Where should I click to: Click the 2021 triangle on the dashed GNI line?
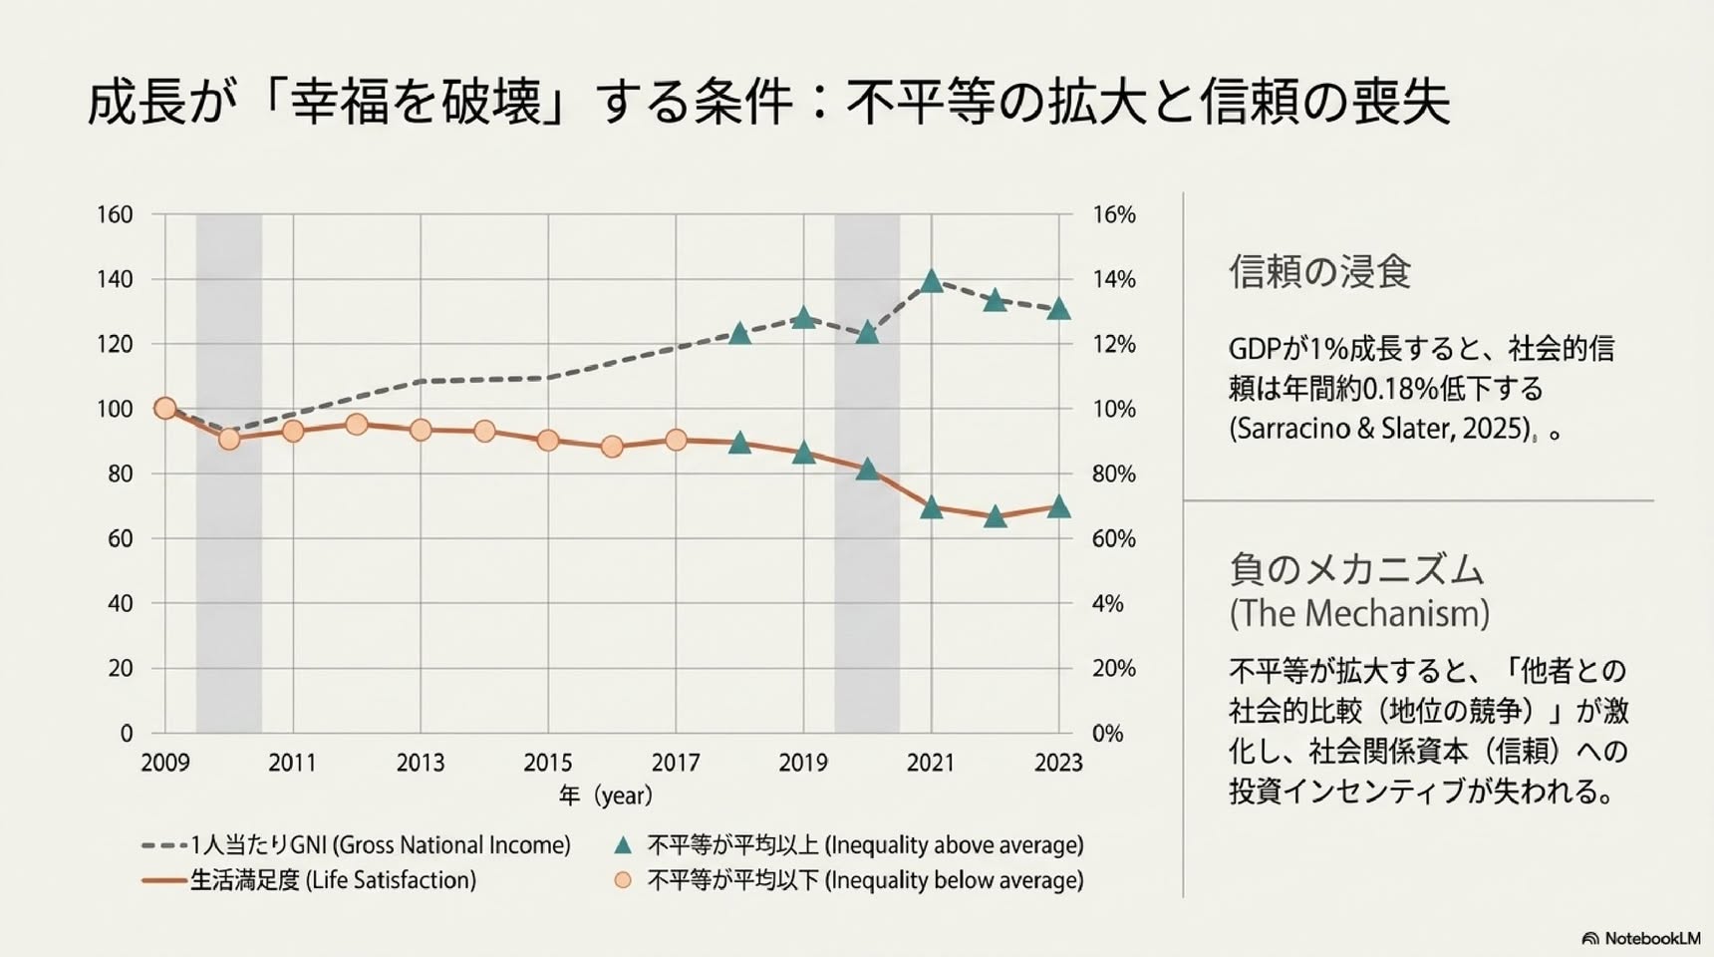(932, 281)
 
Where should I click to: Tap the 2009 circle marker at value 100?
(165, 408)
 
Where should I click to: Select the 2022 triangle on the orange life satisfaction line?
(995, 516)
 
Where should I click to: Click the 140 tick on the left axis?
(115, 279)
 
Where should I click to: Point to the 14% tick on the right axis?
(1113, 279)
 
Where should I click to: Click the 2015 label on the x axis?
(548, 763)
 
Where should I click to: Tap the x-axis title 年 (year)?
(606, 796)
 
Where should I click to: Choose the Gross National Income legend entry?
(357, 845)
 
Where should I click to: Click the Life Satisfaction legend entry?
(309, 880)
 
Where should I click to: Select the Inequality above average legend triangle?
(623, 845)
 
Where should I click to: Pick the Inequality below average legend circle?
(623, 880)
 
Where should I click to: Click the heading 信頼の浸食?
(1319, 272)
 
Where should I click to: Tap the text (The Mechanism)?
(1359, 613)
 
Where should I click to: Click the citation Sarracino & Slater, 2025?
(1381, 429)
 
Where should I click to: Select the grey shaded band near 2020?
(867, 474)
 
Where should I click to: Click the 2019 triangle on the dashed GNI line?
(804, 318)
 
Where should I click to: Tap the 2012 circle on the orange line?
(357, 425)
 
